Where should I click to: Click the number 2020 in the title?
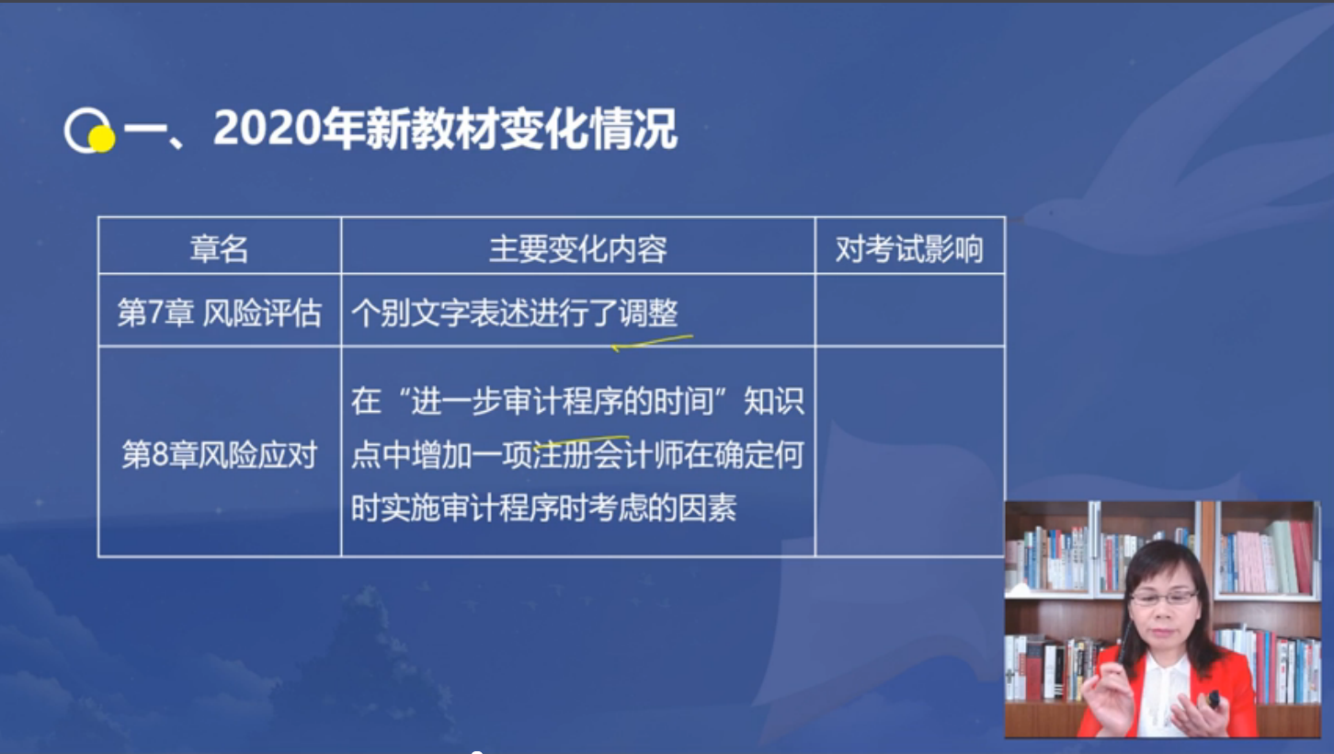[x=267, y=128]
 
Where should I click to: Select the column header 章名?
[x=219, y=248]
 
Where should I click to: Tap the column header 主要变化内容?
[x=577, y=248]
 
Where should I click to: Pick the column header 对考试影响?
[x=908, y=248]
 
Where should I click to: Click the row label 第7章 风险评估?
[x=219, y=312]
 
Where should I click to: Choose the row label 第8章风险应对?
[x=219, y=454]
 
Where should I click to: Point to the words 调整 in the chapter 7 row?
[x=648, y=312]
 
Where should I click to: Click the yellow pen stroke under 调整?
[x=652, y=342]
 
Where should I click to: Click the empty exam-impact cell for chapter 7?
[x=910, y=310]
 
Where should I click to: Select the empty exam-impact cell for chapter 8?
[x=910, y=451]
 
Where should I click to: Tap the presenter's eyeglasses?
[x=1163, y=598]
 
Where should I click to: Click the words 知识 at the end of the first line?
[x=774, y=401]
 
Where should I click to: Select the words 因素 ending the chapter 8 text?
[x=708, y=508]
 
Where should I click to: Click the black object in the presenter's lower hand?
[x=1213, y=699]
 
